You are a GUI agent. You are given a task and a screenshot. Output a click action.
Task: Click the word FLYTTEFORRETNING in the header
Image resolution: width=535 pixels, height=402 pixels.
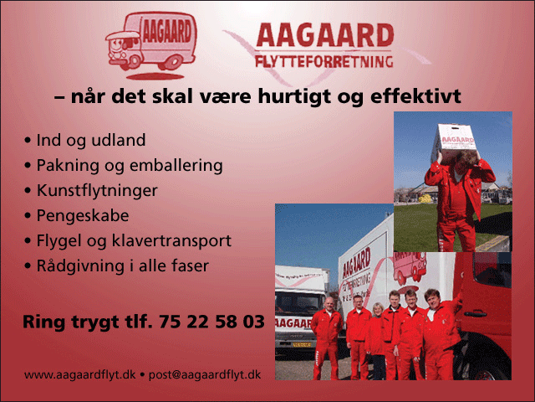point(324,62)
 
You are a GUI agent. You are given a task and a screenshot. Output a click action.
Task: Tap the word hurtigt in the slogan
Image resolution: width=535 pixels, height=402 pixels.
point(295,97)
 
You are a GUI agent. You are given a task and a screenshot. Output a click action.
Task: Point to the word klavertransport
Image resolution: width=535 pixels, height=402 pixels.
point(171,241)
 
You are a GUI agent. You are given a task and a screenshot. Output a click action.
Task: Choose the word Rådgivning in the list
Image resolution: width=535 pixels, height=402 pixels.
point(80,266)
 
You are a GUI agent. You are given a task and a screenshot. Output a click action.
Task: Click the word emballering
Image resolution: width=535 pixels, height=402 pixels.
point(176,166)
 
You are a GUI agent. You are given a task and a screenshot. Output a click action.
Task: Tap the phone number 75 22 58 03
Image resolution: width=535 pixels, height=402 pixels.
point(211,322)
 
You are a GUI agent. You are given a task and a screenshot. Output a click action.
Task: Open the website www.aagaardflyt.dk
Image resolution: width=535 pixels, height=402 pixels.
point(80,375)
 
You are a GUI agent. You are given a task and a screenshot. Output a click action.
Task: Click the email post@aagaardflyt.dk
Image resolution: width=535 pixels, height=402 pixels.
point(205,375)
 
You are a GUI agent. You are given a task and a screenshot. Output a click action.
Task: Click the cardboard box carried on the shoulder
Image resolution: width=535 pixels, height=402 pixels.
point(456,140)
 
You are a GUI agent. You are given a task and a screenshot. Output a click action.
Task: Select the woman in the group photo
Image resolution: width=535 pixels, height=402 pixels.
point(376,341)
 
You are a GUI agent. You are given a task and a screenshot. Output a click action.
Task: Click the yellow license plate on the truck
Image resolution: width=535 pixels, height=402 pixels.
point(302,345)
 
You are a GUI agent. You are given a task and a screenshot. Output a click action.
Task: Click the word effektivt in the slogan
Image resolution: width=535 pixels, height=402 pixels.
point(415,96)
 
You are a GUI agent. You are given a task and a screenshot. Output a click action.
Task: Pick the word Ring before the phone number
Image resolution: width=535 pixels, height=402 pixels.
point(43,322)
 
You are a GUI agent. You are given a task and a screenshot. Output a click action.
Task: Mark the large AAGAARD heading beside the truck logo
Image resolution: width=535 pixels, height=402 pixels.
point(325,35)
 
